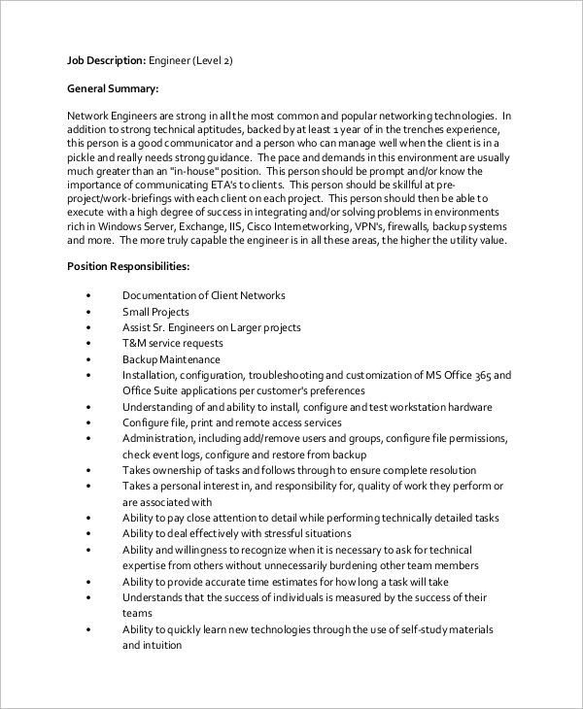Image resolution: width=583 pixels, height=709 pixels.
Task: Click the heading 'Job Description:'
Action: pyautogui.click(x=106, y=60)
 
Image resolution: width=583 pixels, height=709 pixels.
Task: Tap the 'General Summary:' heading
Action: pyautogui.click(x=112, y=88)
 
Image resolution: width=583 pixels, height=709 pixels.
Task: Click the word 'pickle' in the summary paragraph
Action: pyautogui.click(x=84, y=157)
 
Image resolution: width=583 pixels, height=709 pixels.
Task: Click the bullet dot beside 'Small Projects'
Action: pyautogui.click(x=87, y=313)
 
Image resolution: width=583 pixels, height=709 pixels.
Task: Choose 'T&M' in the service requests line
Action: pyautogui.click(x=135, y=344)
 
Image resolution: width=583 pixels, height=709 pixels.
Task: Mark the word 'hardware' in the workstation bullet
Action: pyautogui.click(x=468, y=407)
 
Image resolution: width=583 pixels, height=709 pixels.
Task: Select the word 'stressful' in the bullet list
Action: pyautogui.click(x=274, y=534)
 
